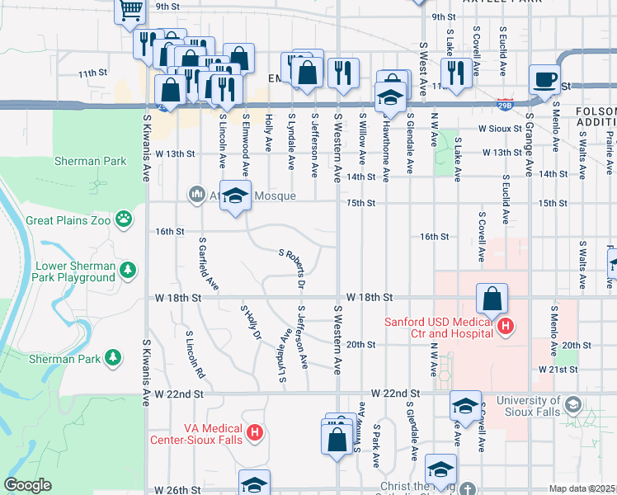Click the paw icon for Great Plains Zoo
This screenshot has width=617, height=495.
coord(124,219)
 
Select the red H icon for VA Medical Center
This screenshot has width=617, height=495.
coord(255,431)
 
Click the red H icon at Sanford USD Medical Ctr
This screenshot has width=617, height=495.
coord(506,328)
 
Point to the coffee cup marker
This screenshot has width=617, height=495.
coord(544,79)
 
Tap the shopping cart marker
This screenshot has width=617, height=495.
coord(130,11)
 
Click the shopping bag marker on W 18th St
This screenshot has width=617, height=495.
coord(492,298)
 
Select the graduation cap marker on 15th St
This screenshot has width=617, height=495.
coord(235,196)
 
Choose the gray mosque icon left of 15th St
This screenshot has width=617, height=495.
coord(196,194)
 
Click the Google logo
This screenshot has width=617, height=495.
coord(27,485)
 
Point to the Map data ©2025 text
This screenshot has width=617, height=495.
coord(582,488)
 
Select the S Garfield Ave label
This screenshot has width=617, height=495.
coord(209,264)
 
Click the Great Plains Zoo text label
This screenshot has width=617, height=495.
coord(68,220)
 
